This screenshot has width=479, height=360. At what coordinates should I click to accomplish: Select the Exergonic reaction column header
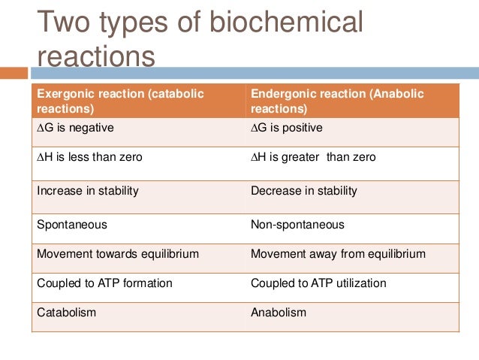(138, 101)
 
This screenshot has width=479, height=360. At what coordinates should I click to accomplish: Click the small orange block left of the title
(14, 73)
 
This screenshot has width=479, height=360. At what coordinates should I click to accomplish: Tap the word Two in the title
(65, 24)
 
